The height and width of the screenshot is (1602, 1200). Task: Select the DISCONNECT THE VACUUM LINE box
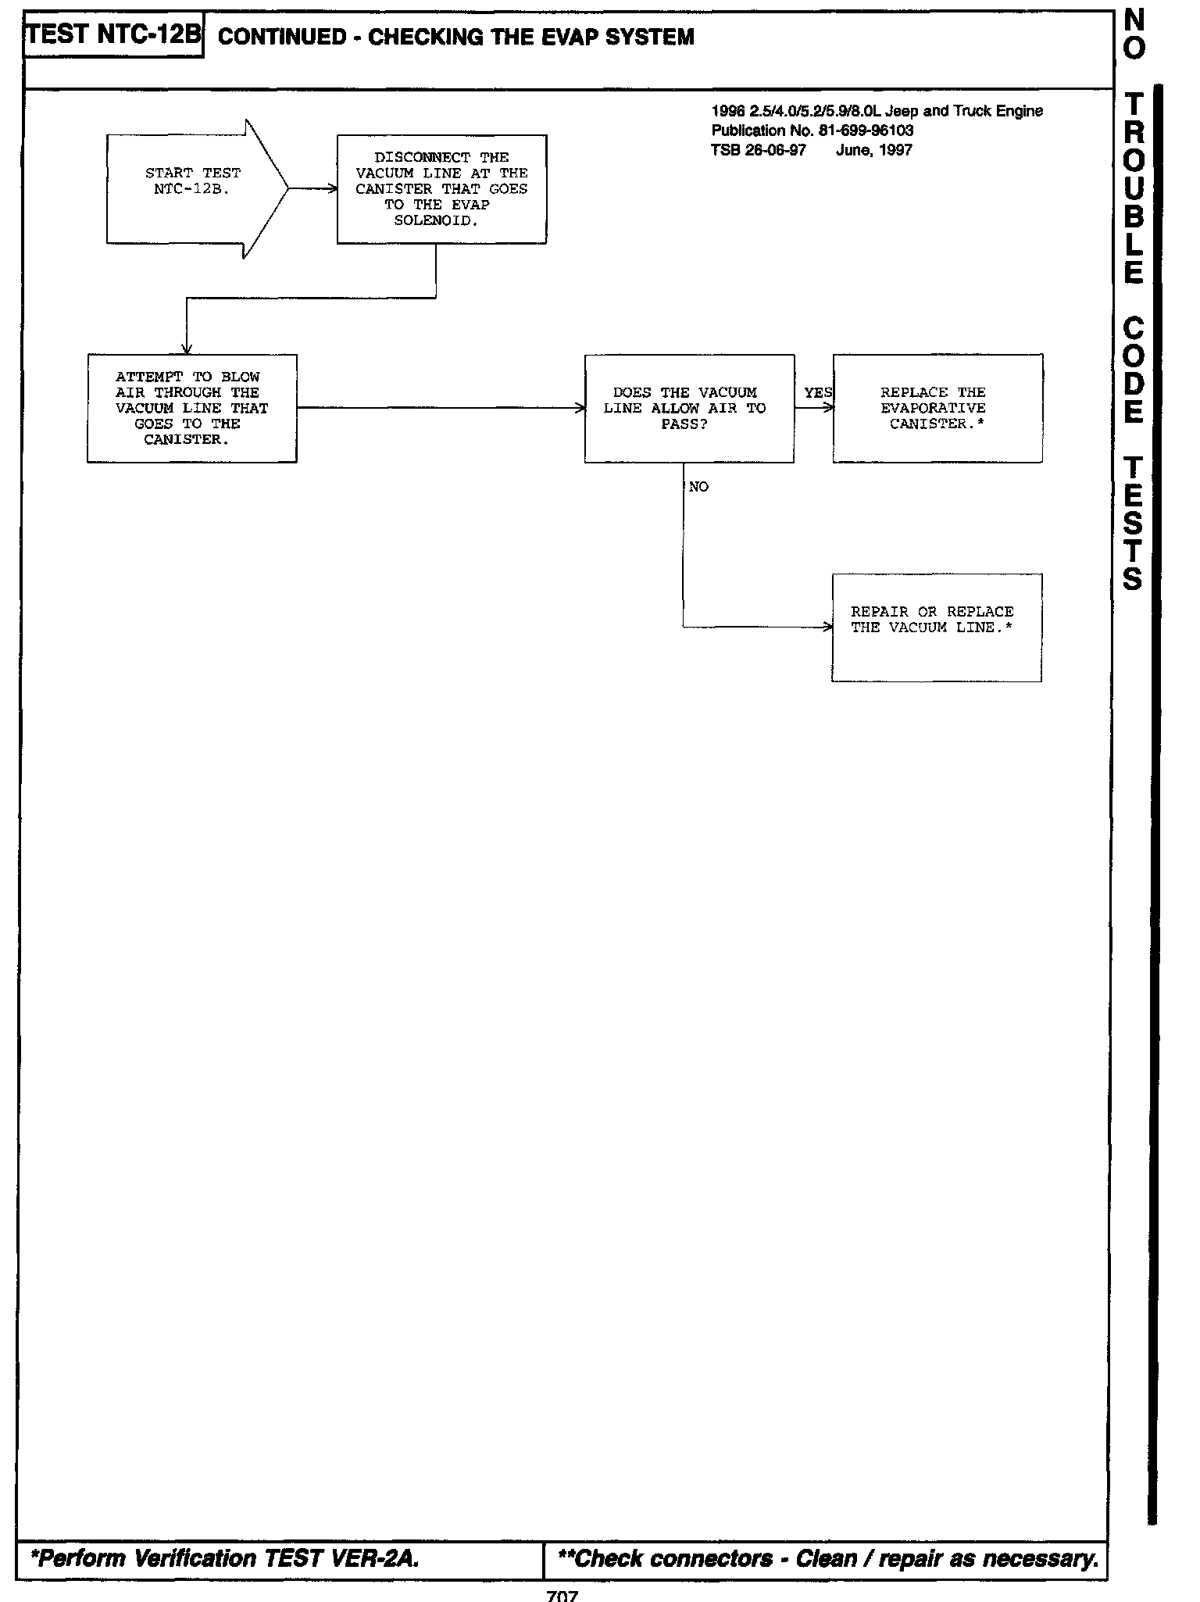[x=441, y=189]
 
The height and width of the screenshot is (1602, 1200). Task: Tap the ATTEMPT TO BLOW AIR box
[x=191, y=408]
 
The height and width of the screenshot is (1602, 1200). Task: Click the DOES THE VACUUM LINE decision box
[x=689, y=408]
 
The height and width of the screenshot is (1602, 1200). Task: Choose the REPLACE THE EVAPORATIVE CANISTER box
[x=937, y=408]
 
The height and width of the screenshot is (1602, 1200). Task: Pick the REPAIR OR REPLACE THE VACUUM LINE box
[x=936, y=627]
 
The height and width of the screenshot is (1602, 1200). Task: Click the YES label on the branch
[x=817, y=392]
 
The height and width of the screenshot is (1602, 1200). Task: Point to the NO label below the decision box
[x=698, y=487]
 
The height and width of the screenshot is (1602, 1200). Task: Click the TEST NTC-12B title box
[x=114, y=35]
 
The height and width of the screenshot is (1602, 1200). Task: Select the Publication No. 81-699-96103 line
[x=812, y=130]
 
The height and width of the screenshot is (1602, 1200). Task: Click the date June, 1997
[x=873, y=149]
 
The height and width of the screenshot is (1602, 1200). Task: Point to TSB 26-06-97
[x=758, y=149]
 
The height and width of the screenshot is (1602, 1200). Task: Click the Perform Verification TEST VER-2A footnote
[x=225, y=1558]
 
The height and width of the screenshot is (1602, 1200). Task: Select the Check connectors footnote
[x=828, y=1558]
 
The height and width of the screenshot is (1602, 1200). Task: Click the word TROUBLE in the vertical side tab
[x=1134, y=188]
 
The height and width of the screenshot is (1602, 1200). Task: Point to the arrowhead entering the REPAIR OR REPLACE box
[x=827, y=627]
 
